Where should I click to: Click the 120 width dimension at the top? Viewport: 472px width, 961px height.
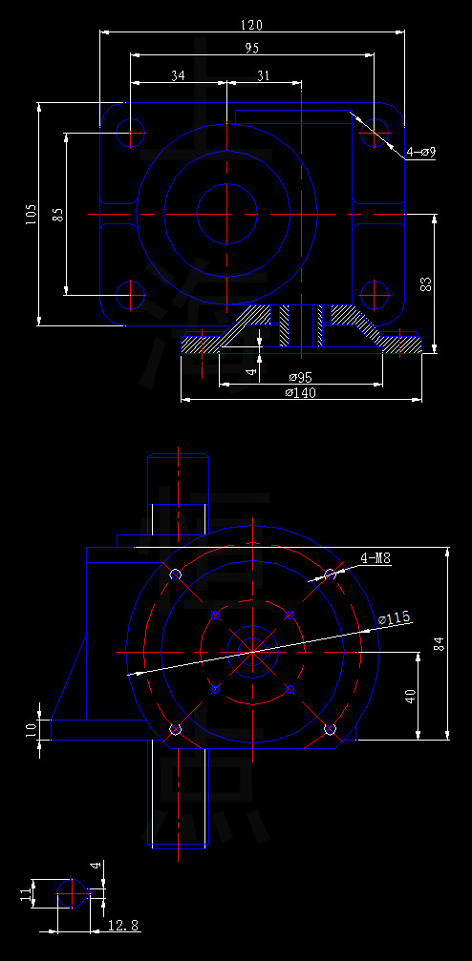click(x=251, y=24)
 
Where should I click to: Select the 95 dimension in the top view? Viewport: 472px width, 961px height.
click(x=251, y=47)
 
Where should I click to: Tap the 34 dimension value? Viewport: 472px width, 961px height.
click(x=178, y=75)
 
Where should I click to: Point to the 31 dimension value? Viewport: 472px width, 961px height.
click(x=263, y=75)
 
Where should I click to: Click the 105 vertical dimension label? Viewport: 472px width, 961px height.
click(x=31, y=214)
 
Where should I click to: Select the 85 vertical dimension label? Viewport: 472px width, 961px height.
click(x=58, y=214)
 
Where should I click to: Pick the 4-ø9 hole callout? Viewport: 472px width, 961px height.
click(x=420, y=152)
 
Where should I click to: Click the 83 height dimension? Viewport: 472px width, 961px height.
click(x=426, y=282)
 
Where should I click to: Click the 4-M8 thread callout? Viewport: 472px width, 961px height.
click(x=375, y=558)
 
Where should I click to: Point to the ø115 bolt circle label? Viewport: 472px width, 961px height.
click(x=394, y=618)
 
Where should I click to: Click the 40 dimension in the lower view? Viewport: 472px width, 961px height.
click(x=410, y=696)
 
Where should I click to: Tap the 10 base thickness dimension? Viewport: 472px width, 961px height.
click(x=31, y=729)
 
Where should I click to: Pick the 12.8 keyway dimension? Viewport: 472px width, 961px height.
click(x=122, y=925)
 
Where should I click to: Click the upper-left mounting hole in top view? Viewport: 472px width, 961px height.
click(x=130, y=131)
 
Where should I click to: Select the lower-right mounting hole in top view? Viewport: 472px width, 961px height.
click(x=375, y=292)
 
